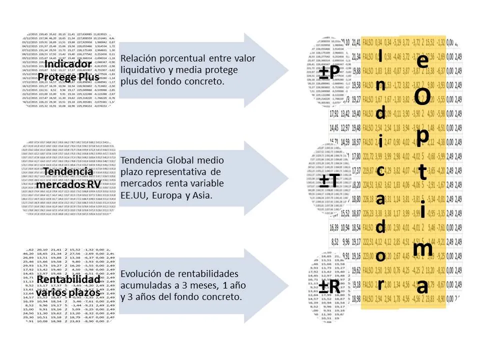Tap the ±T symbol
tap(330, 180)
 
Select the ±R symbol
tap(330, 286)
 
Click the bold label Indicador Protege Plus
tap(71, 70)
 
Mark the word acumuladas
tap(145, 285)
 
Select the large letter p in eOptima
tap(421, 136)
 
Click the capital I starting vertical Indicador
tap(380, 54)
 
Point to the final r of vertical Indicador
tap(380, 284)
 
